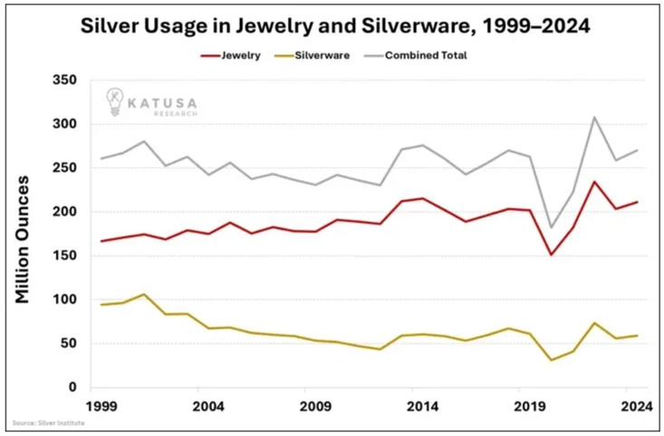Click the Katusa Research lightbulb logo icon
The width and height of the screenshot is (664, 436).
pyautogui.click(x=115, y=100)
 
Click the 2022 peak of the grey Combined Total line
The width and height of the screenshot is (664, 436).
pyautogui.click(x=592, y=117)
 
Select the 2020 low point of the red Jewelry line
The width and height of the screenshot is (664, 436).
pyautogui.click(x=550, y=254)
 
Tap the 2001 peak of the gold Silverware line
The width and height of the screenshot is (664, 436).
pyautogui.click(x=142, y=294)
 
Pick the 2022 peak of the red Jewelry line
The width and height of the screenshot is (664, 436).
pyautogui.click(x=592, y=182)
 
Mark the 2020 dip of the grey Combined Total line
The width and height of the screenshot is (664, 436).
pyautogui.click(x=550, y=228)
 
